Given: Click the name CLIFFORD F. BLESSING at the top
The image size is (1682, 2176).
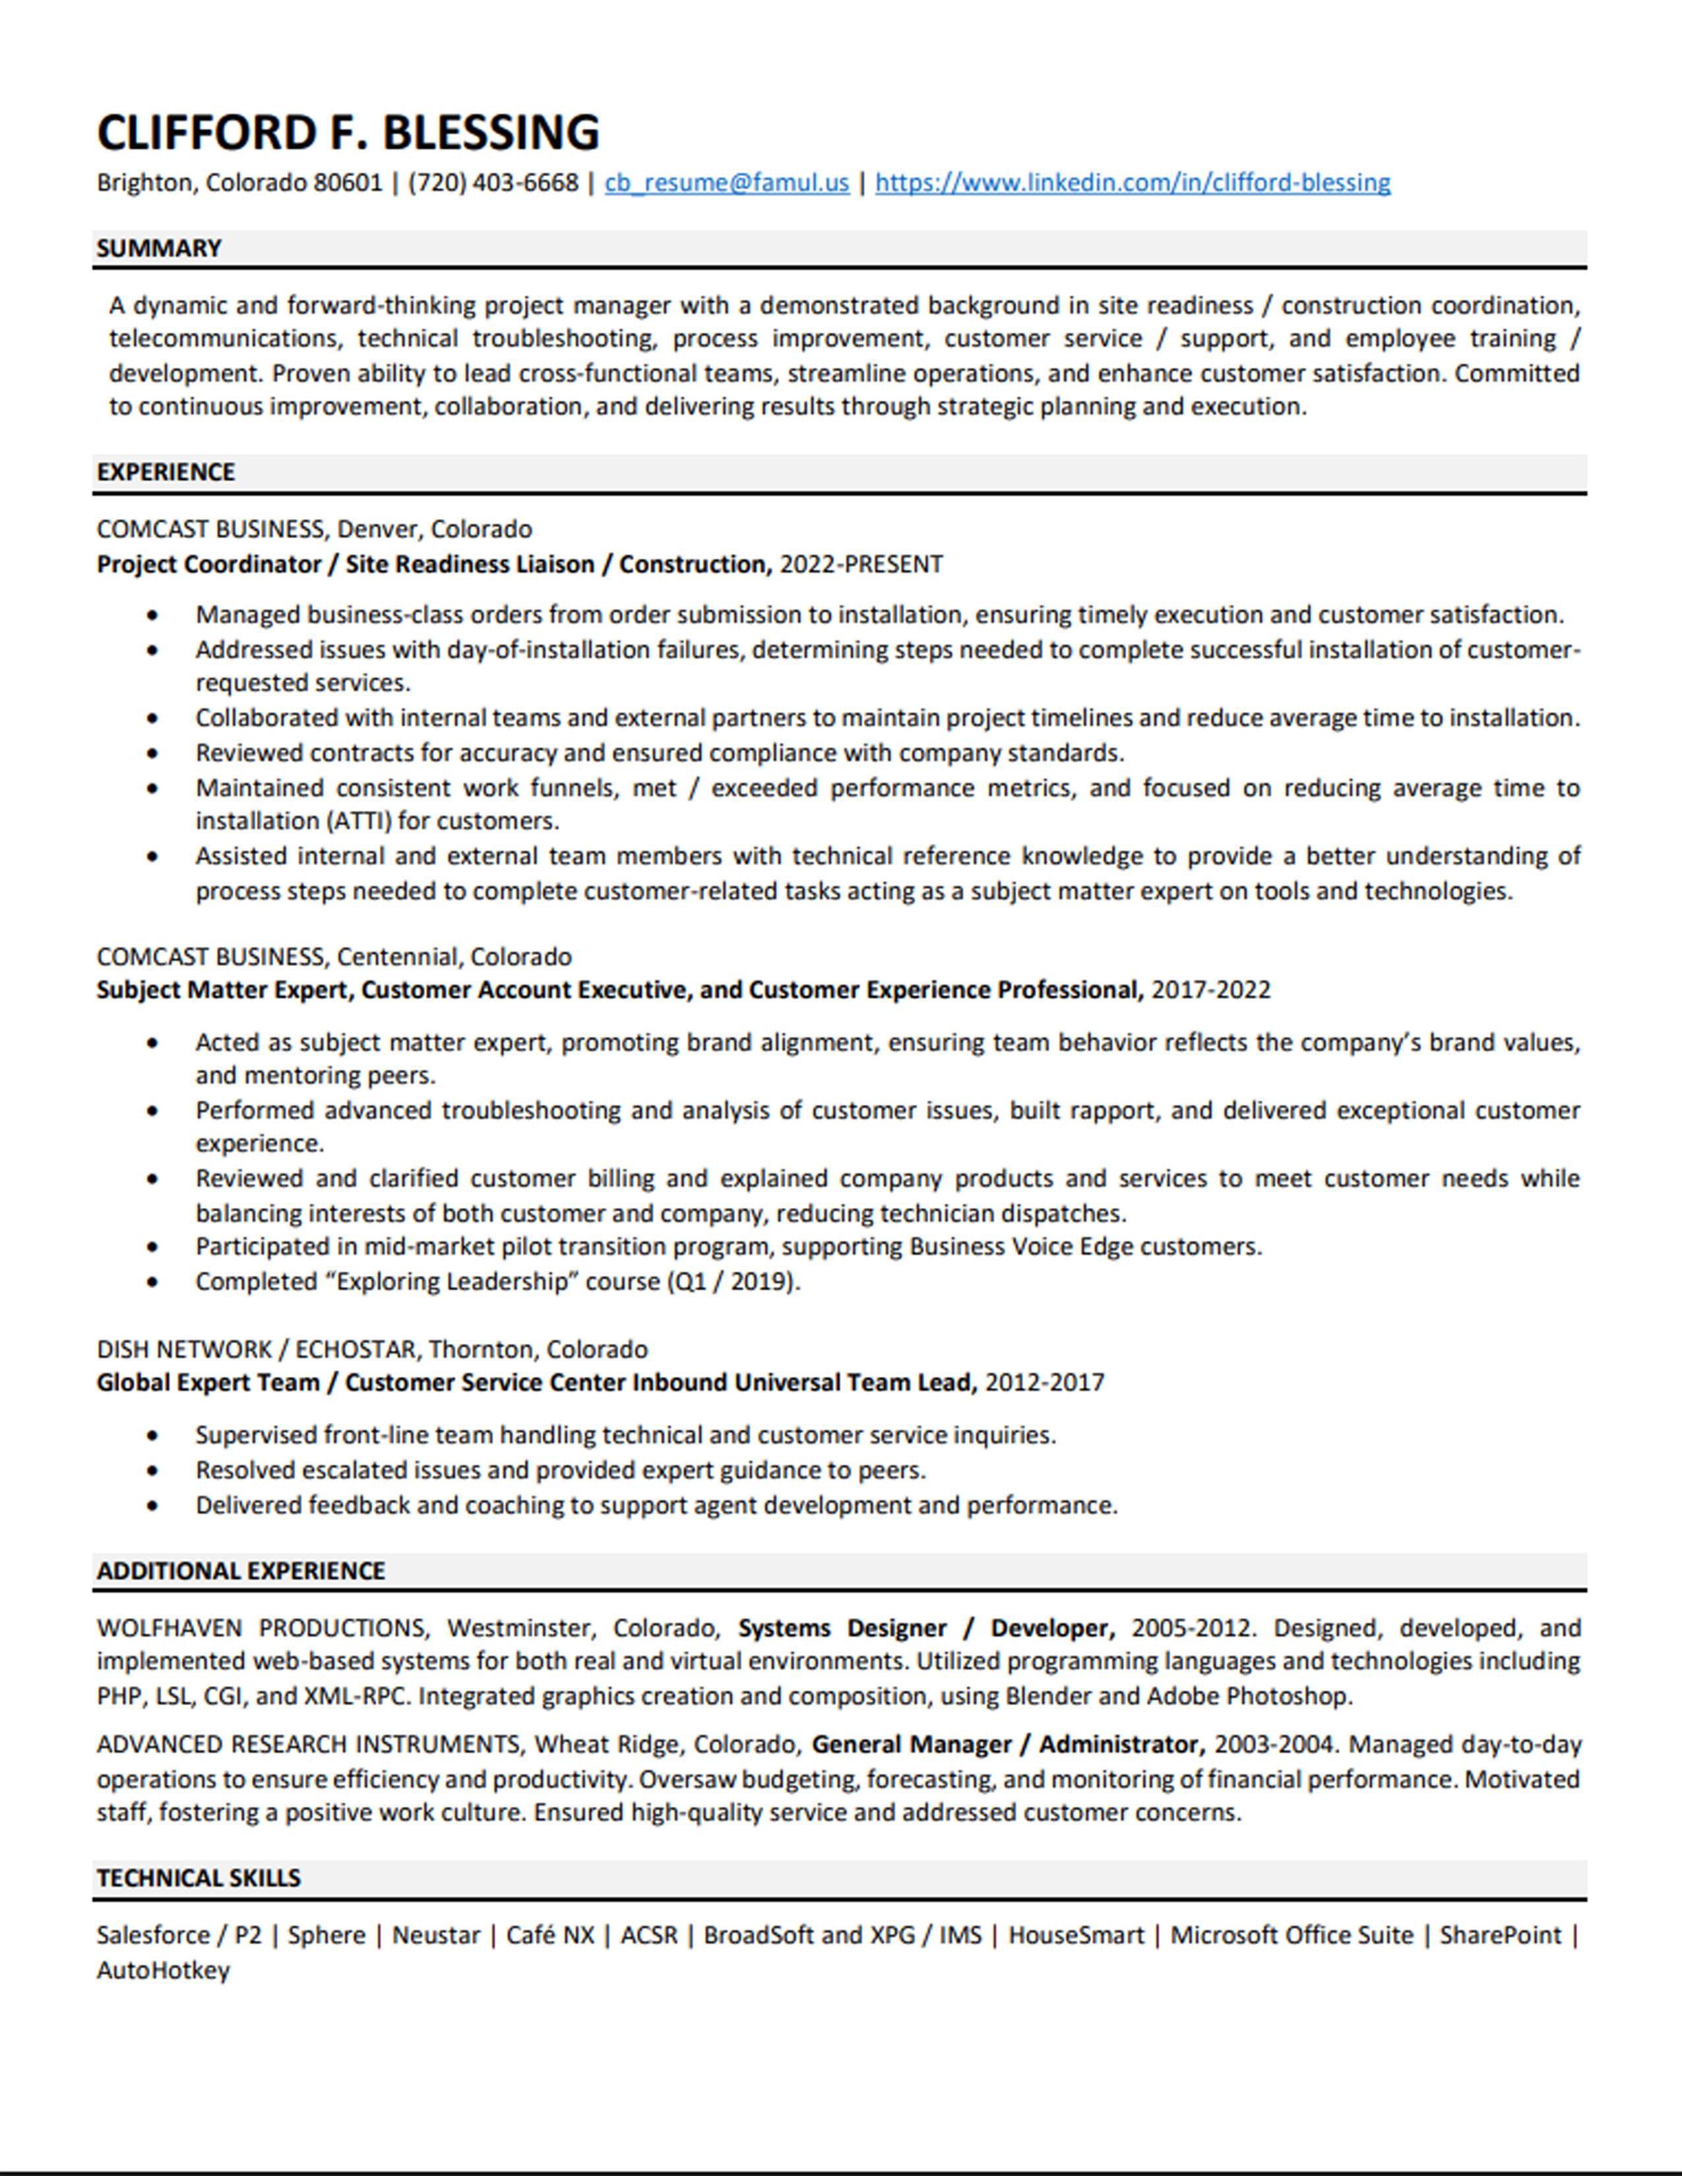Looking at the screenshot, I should click(x=348, y=133).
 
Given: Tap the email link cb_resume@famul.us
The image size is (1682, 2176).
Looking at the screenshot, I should click(x=726, y=183).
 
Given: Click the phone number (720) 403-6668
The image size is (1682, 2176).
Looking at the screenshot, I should click(x=493, y=183).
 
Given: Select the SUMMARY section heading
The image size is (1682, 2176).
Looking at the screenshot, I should click(x=158, y=248).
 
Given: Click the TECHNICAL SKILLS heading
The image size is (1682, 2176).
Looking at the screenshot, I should click(x=199, y=1877).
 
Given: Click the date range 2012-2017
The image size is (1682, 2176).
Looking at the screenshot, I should click(x=1044, y=1382).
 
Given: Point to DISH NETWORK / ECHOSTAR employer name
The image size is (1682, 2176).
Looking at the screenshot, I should click(x=256, y=1349).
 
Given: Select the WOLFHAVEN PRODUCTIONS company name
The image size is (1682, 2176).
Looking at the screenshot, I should click(x=262, y=1628).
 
